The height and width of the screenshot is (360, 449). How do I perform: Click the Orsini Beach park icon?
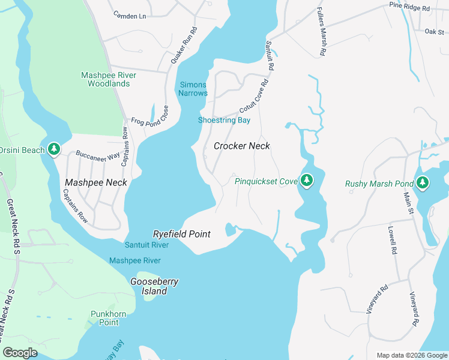(54, 149)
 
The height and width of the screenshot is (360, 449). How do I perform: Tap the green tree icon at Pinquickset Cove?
(307, 180)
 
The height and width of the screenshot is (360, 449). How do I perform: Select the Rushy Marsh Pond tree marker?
(423, 183)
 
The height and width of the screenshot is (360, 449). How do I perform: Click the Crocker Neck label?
(242, 146)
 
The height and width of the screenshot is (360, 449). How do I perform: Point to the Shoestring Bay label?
(224, 120)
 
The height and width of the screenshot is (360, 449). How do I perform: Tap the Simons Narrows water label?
(193, 89)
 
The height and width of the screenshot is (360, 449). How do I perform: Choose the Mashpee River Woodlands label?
(109, 79)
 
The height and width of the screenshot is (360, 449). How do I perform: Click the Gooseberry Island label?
(154, 286)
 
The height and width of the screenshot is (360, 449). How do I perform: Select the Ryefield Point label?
(181, 234)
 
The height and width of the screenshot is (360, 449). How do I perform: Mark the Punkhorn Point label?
(104, 318)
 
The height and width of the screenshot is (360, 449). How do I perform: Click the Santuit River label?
(146, 245)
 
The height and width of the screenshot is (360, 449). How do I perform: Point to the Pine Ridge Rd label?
(409, 8)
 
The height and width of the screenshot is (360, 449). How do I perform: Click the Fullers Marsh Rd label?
(321, 32)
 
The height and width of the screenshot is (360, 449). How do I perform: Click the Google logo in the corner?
(20, 353)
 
